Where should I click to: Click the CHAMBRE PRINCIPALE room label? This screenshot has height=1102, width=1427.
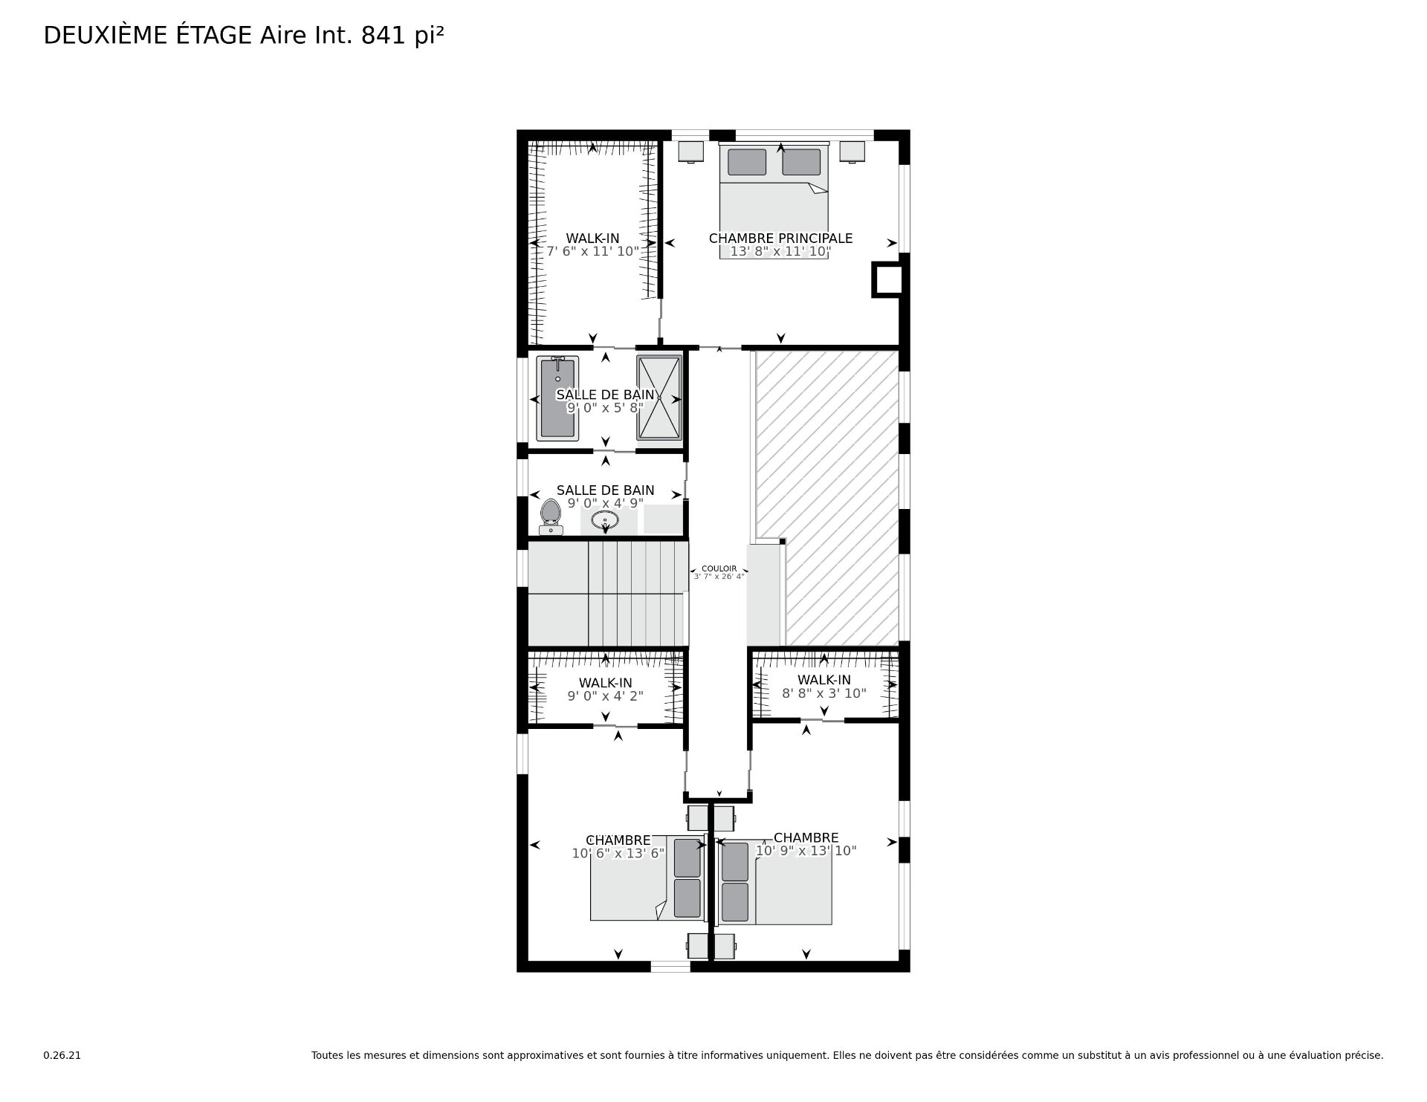click(780, 239)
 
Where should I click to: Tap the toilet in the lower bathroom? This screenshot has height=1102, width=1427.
click(551, 516)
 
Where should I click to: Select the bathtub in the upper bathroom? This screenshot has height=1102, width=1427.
click(557, 398)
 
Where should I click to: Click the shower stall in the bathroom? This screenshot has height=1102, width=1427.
click(659, 398)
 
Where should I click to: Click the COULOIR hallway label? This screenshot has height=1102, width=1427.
click(719, 568)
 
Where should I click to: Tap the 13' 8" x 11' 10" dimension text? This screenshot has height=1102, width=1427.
click(780, 252)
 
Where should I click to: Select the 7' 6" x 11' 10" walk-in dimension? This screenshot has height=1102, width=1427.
click(593, 252)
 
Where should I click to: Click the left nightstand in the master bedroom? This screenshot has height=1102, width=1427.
click(691, 152)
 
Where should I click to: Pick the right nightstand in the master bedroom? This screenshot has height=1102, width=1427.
click(852, 152)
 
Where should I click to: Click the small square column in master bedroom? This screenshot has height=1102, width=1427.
click(887, 280)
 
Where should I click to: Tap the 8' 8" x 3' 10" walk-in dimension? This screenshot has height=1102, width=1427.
click(824, 693)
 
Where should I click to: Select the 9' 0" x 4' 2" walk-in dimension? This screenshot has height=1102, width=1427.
click(606, 696)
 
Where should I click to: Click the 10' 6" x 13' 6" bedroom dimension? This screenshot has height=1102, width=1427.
click(618, 854)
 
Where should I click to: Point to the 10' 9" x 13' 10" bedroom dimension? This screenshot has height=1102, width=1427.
click(806, 851)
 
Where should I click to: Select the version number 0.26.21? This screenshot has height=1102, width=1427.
click(62, 1055)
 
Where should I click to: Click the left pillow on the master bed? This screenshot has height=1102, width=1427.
click(747, 162)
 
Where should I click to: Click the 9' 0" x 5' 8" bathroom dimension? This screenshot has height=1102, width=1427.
click(606, 408)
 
